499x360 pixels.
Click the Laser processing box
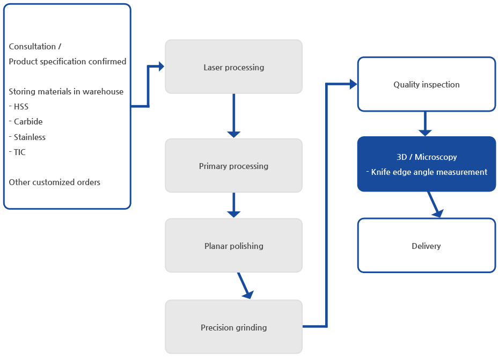point(233,67)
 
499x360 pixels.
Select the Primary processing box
point(233,166)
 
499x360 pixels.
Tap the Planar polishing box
point(233,245)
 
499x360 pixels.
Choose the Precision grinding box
point(233,327)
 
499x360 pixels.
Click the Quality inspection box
point(427,84)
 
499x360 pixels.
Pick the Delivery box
point(427,245)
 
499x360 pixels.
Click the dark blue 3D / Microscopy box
point(427,164)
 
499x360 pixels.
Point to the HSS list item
point(19,107)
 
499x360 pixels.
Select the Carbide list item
point(26,122)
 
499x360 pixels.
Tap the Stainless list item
point(27,137)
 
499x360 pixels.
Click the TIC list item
point(17,152)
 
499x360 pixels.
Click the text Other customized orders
point(54,182)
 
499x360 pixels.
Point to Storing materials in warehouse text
point(66,92)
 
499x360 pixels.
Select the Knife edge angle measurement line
point(427,172)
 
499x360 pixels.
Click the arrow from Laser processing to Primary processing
point(233,115)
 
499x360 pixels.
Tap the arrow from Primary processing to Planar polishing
point(233,205)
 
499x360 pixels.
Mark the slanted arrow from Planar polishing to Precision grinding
point(245,285)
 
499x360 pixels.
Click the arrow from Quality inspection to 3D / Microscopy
point(425,124)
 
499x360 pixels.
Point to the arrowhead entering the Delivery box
point(438,213)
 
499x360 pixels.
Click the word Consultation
point(32,47)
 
